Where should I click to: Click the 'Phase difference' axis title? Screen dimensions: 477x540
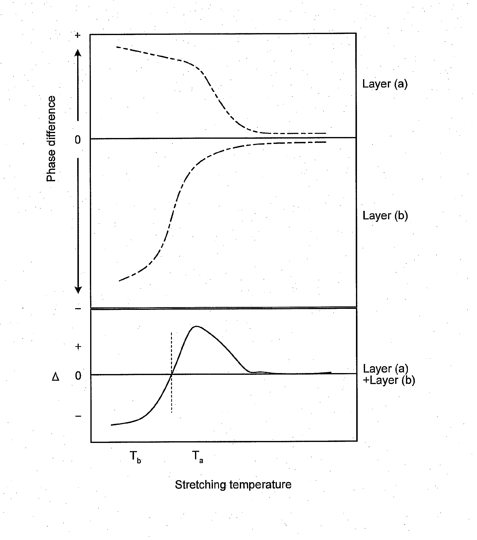51,139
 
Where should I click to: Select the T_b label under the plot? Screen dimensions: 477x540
135,457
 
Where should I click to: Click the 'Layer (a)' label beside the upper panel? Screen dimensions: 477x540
385,84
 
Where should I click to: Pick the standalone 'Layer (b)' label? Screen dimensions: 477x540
385,215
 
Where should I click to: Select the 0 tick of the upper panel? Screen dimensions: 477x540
77,140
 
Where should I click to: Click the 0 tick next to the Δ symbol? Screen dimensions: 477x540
78,376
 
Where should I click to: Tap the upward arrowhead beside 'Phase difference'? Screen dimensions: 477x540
78,53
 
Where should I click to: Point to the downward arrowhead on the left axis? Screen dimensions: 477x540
78,290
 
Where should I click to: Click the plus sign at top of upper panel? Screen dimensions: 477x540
77,35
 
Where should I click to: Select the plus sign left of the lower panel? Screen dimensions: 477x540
78,347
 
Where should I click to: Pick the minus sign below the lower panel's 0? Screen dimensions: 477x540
78,416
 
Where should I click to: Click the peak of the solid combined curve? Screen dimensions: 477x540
196,327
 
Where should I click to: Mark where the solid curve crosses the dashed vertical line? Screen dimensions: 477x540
171,373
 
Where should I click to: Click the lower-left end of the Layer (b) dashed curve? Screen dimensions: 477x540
119,281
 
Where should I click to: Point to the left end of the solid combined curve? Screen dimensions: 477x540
111,425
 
